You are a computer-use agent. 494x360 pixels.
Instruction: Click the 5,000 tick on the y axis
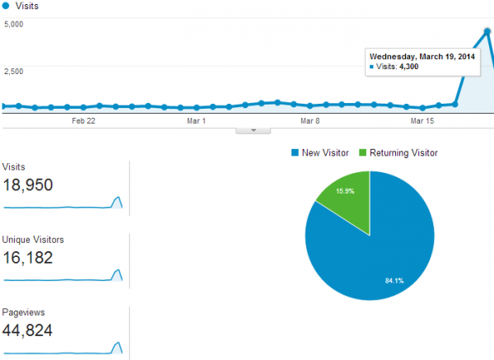click(x=13, y=23)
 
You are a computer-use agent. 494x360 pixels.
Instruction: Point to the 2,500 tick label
click(x=13, y=71)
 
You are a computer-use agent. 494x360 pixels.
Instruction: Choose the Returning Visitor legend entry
click(x=402, y=152)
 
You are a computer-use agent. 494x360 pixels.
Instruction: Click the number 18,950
click(x=28, y=185)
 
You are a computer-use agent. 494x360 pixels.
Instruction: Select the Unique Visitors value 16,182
click(x=28, y=258)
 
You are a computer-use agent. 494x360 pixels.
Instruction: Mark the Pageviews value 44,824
click(x=30, y=330)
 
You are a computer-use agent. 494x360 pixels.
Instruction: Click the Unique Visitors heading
click(x=34, y=240)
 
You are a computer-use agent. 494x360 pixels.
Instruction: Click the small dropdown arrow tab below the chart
click(x=253, y=130)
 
